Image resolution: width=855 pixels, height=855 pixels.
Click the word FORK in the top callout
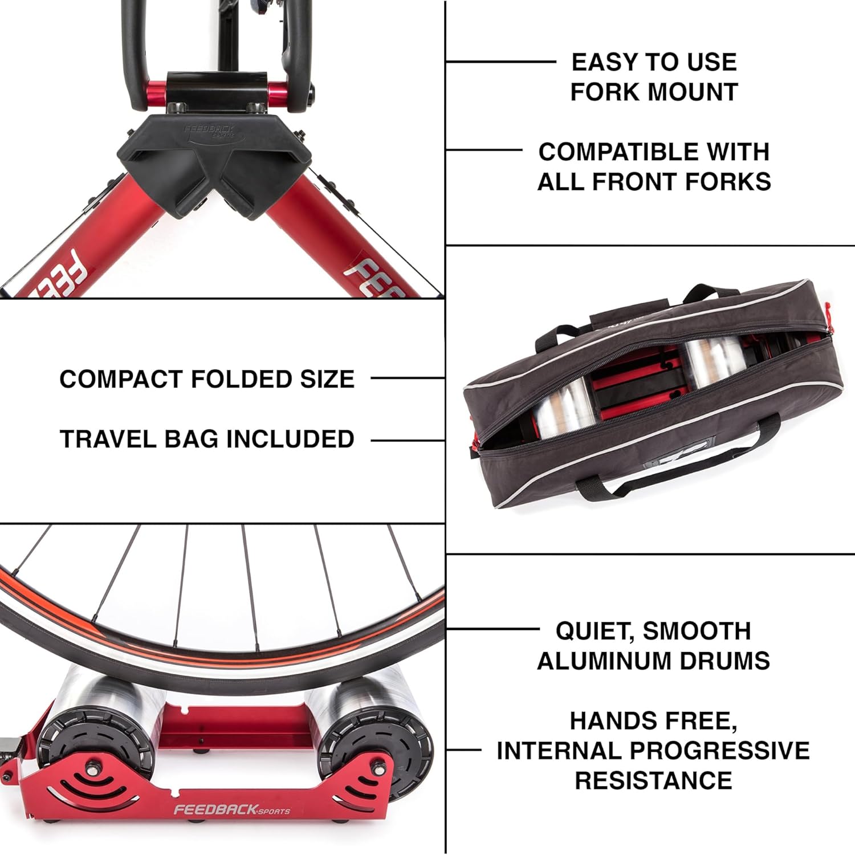tap(606, 92)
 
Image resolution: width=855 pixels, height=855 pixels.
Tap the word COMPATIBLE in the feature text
tap(617, 152)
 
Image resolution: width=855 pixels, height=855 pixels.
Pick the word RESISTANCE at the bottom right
tap(653, 780)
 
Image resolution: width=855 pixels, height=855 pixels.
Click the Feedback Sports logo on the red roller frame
tap(231, 809)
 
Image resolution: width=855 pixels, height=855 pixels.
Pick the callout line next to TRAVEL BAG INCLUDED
tap(408, 440)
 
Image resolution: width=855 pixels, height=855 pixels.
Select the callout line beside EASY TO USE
tap(500, 62)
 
